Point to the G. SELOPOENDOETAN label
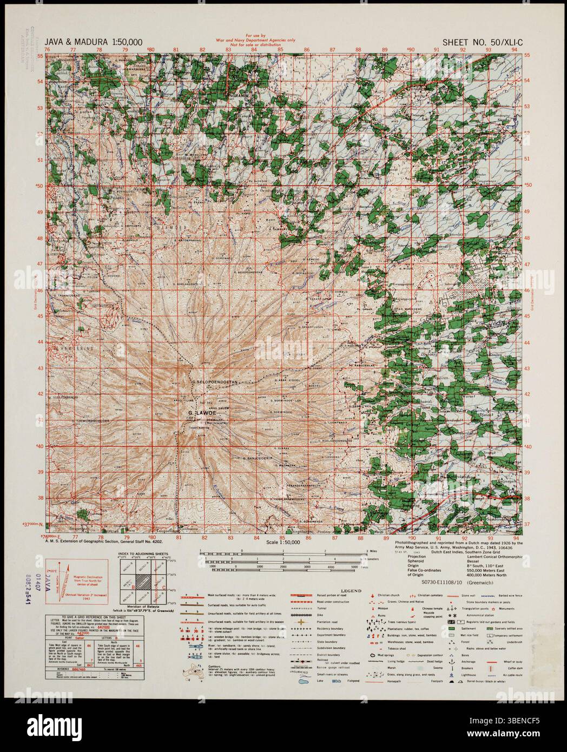click(x=215, y=382)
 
